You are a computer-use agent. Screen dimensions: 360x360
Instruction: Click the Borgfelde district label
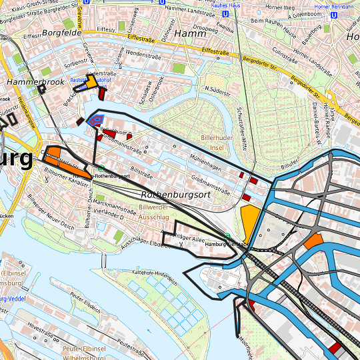[x=61, y=32]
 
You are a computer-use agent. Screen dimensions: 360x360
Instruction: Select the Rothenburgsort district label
[x=175, y=195]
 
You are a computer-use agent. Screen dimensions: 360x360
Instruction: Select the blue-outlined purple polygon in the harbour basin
[x=96, y=120]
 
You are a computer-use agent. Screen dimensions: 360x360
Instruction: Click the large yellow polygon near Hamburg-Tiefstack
[x=249, y=221]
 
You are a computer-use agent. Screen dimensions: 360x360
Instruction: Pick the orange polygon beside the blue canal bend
[x=313, y=241]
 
